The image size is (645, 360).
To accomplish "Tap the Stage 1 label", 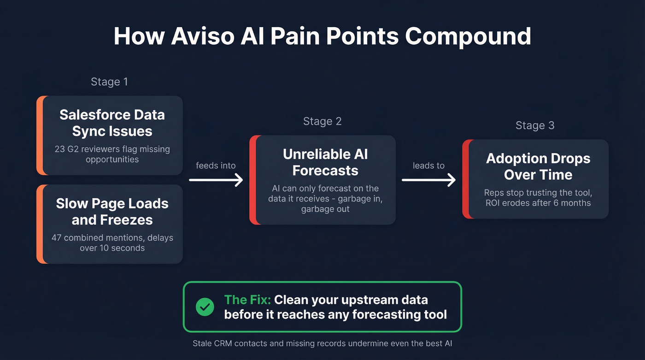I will [109, 82].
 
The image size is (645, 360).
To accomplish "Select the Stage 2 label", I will [322, 122].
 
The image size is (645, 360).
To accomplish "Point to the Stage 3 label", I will [535, 126].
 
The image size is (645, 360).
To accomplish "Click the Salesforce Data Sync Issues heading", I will [112, 123].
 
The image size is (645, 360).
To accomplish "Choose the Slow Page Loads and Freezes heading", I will [112, 212].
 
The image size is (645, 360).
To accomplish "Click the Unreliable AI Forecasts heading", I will [325, 162].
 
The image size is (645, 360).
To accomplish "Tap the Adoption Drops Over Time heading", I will [538, 166].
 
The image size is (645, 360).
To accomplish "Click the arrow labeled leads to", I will [428, 180].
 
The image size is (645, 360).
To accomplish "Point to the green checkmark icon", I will [205, 307].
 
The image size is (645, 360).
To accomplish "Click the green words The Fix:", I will [247, 300].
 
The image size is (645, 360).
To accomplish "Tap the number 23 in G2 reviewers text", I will [60, 149].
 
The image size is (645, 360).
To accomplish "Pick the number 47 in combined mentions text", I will [57, 238].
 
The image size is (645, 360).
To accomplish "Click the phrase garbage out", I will [325, 209].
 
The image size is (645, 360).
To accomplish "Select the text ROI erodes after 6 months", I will [538, 203].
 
